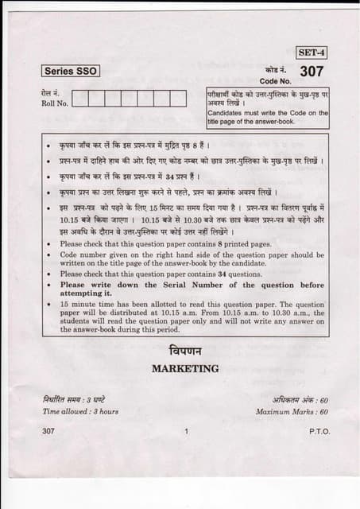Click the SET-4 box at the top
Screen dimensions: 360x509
312,53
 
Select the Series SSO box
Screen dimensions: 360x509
71,71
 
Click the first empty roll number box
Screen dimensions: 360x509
83,99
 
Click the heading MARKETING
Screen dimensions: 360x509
184,368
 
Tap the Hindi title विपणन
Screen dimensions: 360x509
185,351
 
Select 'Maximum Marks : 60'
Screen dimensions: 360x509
292,411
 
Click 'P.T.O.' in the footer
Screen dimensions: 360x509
319,431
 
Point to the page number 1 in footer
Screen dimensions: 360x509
184,431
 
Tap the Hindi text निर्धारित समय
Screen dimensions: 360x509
62,398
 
